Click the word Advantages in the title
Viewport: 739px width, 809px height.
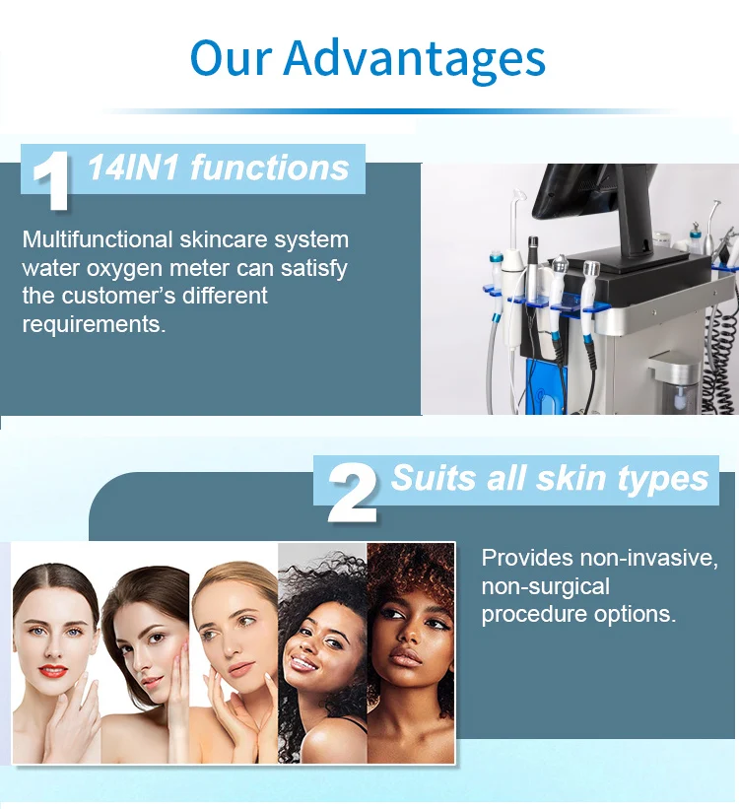(414, 59)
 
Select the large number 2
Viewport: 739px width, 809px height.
(352, 492)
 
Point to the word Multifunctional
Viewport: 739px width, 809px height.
(97, 239)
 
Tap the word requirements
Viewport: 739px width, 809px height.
(93, 323)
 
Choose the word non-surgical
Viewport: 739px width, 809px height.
(545, 586)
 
